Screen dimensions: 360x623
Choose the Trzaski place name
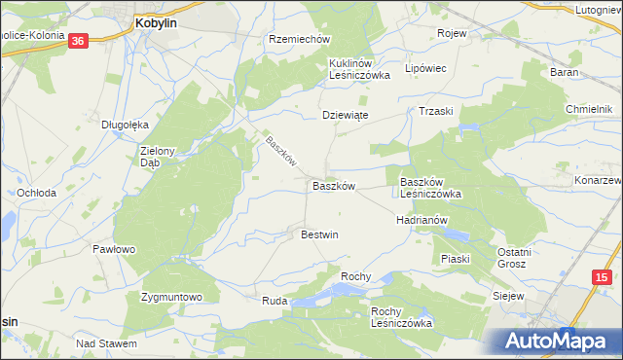coord(437,111)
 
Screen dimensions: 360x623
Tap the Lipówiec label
coord(424,69)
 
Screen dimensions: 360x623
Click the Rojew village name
coord(453,33)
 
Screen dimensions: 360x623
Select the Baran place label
coord(591,73)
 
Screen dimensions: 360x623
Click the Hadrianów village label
coord(421,220)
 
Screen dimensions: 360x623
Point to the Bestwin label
coord(319,234)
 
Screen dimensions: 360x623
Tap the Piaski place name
coord(455,259)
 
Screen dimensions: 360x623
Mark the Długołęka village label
coord(125,124)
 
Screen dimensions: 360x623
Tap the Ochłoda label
coord(36,193)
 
